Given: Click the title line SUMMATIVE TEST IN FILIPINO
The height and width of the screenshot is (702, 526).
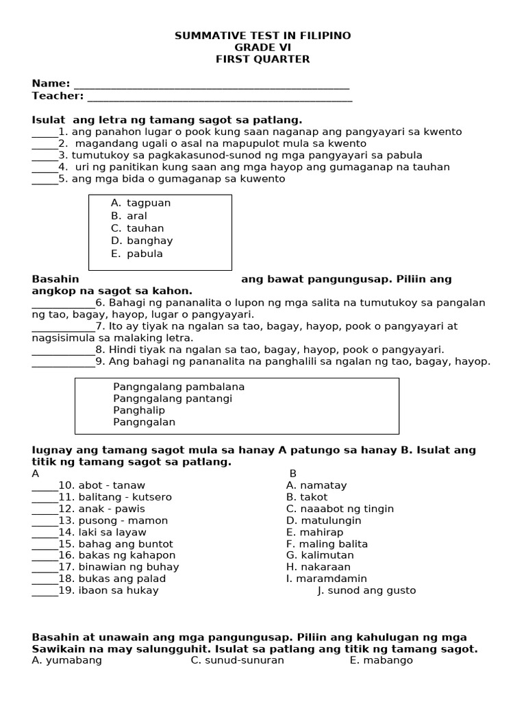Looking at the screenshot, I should tap(263, 36).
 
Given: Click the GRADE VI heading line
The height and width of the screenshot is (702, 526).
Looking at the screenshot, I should tap(263, 47).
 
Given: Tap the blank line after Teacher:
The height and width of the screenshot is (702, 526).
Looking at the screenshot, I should tap(219, 97).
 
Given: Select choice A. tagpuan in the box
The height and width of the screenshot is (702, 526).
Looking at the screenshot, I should tap(140, 203).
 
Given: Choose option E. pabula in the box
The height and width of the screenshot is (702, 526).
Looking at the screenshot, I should tap(136, 254).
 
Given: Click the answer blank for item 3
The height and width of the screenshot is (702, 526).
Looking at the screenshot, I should tap(45, 156).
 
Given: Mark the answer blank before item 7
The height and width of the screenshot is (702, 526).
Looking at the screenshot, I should tap(63, 327).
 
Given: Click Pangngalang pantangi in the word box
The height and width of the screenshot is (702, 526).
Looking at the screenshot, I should tap(173, 398).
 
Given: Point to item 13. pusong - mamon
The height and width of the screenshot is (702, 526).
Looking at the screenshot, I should tap(113, 520).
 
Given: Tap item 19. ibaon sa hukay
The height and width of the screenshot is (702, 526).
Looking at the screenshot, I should tap(108, 590).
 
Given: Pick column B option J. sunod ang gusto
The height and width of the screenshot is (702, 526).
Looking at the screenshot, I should tap(366, 590).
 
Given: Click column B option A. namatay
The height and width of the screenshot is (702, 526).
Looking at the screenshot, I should tap(316, 485).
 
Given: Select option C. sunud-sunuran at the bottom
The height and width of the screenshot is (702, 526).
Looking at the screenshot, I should tap(237, 660).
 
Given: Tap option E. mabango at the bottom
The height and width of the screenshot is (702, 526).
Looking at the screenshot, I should tap(381, 660).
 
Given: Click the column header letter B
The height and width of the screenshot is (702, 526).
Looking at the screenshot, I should tap(292, 474).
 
